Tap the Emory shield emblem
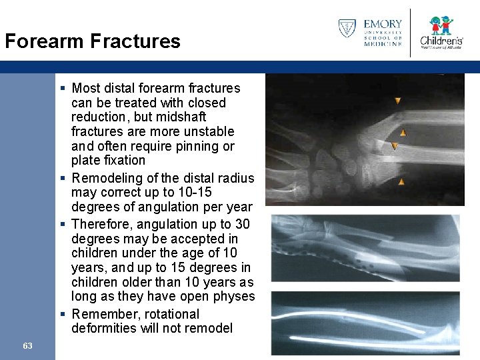[x=347, y=29]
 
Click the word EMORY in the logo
[x=383, y=25]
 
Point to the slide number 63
[x=27, y=345]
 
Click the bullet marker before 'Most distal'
[x=62, y=88]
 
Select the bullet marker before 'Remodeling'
[x=62, y=178]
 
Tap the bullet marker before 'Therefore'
[x=62, y=225]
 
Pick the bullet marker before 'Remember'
[x=62, y=314]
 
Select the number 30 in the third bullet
[x=242, y=224]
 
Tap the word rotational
[x=170, y=314]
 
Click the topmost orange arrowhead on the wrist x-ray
[x=397, y=101]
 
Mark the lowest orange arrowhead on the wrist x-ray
[x=401, y=181]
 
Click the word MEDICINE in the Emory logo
[x=383, y=44]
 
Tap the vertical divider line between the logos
[x=411, y=32]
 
